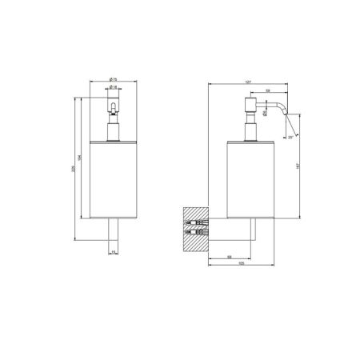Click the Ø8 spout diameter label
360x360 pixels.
point(265,114)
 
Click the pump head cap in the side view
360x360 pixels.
point(246,106)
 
